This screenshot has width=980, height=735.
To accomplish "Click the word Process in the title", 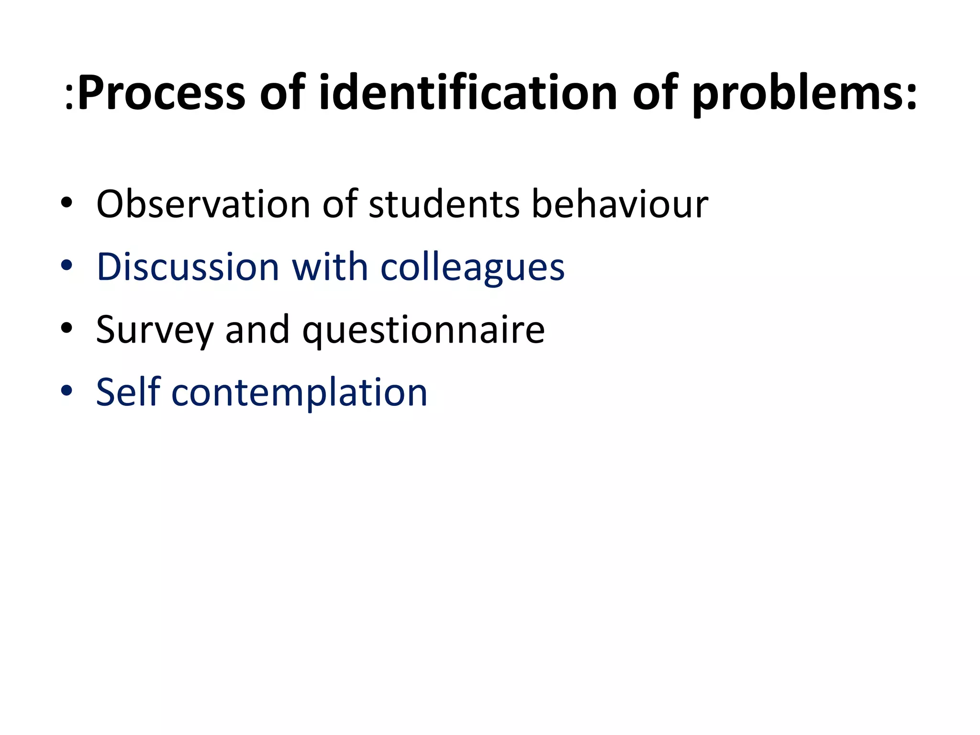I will click(x=161, y=93).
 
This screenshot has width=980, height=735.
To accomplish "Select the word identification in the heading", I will click(x=468, y=93).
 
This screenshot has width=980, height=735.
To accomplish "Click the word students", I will click(x=444, y=204).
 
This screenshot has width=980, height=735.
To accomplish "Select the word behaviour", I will click(x=620, y=204).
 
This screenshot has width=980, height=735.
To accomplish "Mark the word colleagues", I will click(x=472, y=268).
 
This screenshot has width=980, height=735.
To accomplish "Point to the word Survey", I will click(x=154, y=330).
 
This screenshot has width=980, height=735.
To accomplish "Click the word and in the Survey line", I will click(x=257, y=330).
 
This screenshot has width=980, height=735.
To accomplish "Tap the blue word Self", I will click(x=128, y=392).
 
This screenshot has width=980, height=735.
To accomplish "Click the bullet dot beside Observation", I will click(x=67, y=204).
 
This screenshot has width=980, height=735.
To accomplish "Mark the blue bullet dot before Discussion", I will click(x=67, y=266).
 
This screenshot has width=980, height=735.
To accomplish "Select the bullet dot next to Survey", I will click(x=67, y=329).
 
